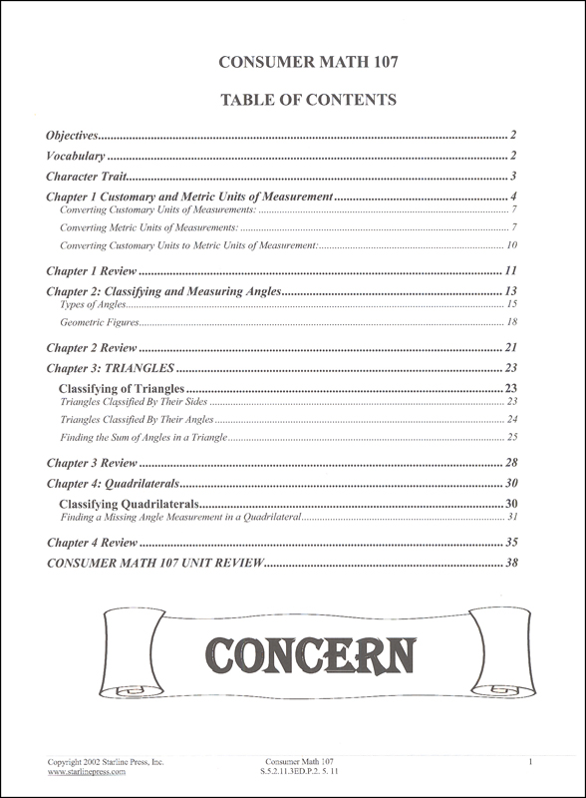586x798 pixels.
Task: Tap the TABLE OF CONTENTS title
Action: click(292, 100)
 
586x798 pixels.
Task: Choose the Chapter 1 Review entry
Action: click(92, 270)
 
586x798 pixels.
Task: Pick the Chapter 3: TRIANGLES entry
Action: click(112, 368)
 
